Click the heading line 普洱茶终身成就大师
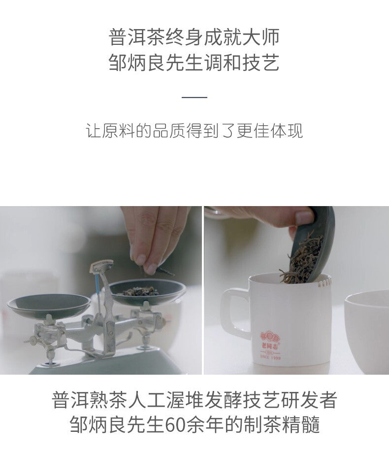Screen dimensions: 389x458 click(194, 37)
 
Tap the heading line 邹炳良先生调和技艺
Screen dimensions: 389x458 click(194, 63)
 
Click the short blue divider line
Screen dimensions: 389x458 click(194, 97)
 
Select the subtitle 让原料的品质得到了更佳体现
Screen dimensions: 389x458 click(194, 131)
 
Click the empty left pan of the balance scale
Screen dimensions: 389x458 click(49, 305)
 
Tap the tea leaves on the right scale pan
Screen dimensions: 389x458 click(140, 291)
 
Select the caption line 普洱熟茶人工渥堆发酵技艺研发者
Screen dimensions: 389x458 click(194, 400)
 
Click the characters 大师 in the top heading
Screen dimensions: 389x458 click(261, 37)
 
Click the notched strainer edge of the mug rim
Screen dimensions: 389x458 click(325, 282)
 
